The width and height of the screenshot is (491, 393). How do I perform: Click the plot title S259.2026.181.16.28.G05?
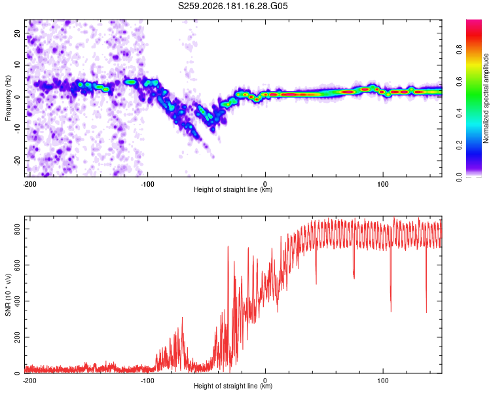click(x=232, y=6)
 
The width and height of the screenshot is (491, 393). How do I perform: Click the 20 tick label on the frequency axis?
click(x=17, y=33)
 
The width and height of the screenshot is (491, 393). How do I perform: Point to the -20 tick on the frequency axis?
click(x=17, y=160)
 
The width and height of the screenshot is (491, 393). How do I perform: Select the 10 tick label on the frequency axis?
click(x=17, y=65)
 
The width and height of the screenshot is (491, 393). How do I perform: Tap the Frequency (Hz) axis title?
click(x=8, y=98)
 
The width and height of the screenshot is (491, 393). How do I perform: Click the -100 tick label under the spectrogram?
click(x=147, y=184)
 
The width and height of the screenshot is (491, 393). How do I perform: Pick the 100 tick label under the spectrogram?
click(x=383, y=184)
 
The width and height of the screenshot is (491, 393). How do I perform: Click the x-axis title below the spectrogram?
click(x=233, y=189)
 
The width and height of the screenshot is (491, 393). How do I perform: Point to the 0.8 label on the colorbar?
click(x=459, y=50)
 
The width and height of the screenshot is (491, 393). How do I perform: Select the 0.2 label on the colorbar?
click(x=459, y=145)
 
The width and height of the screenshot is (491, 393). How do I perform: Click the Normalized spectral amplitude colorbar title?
click(x=486, y=98)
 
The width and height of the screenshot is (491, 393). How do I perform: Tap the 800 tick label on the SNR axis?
click(x=17, y=229)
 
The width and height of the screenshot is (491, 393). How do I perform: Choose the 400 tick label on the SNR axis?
click(x=17, y=301)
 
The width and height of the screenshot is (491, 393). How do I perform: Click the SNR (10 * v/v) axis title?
click(x=8, y=295)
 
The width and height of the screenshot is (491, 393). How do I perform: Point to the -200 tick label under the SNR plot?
click(x=29, y=381)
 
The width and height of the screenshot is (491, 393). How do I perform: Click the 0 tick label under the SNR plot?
click(x=265, y=381)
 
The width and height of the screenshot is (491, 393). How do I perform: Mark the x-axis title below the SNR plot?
click(x=233, y=386)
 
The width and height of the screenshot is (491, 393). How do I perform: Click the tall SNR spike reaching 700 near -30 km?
click(x=228, y=247)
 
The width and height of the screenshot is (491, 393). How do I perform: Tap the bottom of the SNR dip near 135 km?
click(x=426, y=312)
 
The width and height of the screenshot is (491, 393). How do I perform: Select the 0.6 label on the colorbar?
click(x=459, y=81)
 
